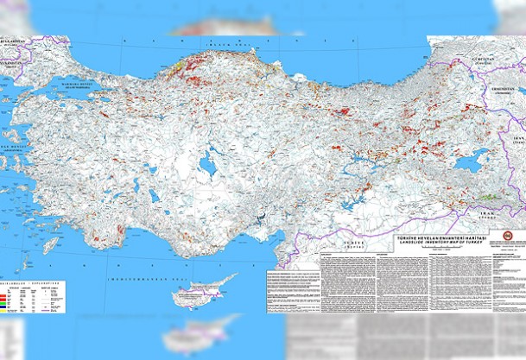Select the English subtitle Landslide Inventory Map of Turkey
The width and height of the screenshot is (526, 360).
coord(440,241)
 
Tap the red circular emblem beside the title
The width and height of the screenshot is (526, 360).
coord(504,238)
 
